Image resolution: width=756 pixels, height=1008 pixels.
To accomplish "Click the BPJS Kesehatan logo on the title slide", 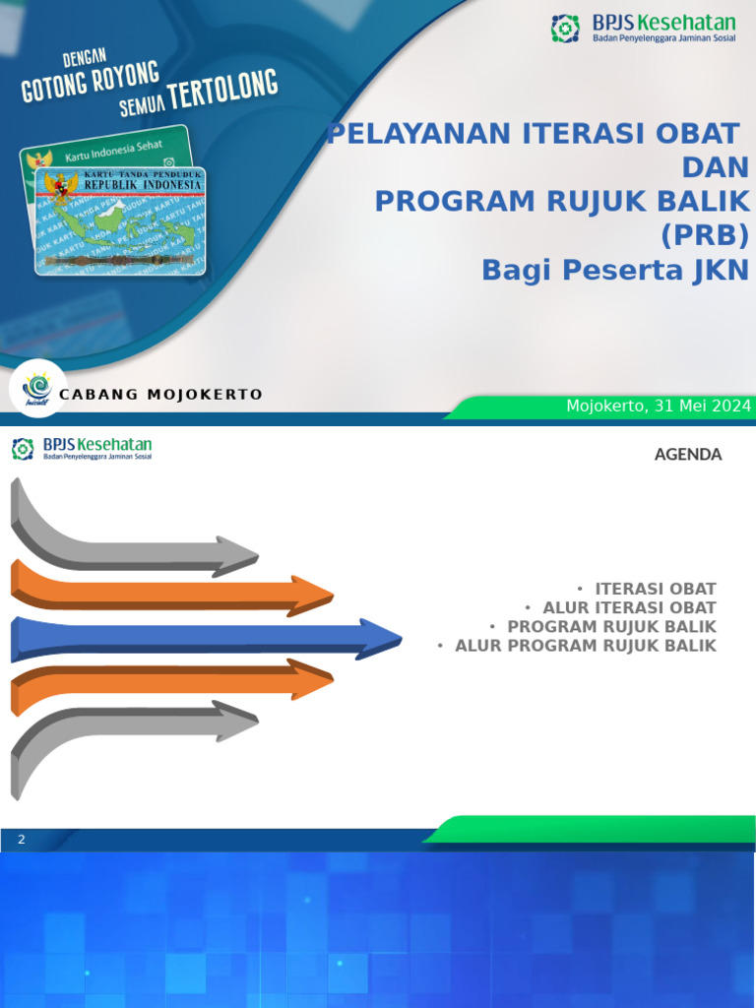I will [643, 29].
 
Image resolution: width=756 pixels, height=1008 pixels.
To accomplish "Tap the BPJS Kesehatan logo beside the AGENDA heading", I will [82, 450].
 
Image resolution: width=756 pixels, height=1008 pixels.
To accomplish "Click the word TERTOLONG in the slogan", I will [222, 92].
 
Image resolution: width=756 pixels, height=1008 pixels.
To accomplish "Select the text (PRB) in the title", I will [705, 235].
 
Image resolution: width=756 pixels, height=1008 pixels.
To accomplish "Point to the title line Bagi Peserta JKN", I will [615, 270].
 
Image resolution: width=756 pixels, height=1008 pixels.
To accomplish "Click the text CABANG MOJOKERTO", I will [161, 395].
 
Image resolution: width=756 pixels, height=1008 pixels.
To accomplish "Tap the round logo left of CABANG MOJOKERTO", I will [38, 388].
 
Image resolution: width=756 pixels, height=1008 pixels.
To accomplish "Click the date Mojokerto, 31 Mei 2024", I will [659, 406].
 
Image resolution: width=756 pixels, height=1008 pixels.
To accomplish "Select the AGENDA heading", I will [688, 455].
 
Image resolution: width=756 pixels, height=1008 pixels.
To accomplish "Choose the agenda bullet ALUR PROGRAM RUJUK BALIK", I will [585, 646].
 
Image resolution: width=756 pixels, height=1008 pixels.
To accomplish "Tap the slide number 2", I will [21, 840].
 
